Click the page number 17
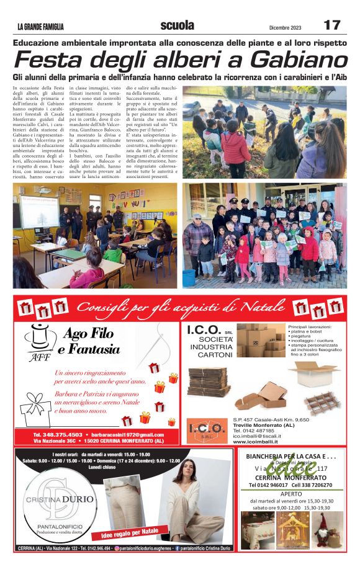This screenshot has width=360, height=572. click(x=331, y=25)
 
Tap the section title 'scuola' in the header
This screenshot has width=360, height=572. click(x=177, y=25)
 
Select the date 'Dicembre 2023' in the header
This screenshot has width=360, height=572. click(x=286, y=27)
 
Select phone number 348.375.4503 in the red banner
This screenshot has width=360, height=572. click(x=58, y=434)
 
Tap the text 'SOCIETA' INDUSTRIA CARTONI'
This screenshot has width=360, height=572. click(x=211, y=346)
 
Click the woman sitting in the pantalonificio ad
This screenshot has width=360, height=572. click(x=193, y=503)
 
